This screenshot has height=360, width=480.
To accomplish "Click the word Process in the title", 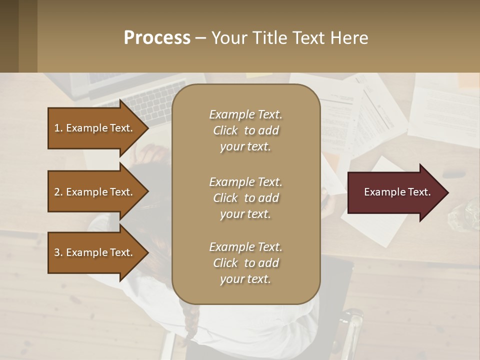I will (157, 38).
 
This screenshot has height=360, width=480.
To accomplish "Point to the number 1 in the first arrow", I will (57, 128).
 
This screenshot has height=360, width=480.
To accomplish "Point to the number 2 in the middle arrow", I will (57, 192).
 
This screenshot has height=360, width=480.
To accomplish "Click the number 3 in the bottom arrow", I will (57, 252).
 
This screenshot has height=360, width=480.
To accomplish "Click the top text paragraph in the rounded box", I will (245, 130).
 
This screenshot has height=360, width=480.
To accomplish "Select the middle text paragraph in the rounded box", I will (245, 198).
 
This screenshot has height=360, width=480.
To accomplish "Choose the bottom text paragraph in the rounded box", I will (245, 263).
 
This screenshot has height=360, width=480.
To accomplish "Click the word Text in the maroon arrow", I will (419, 192).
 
